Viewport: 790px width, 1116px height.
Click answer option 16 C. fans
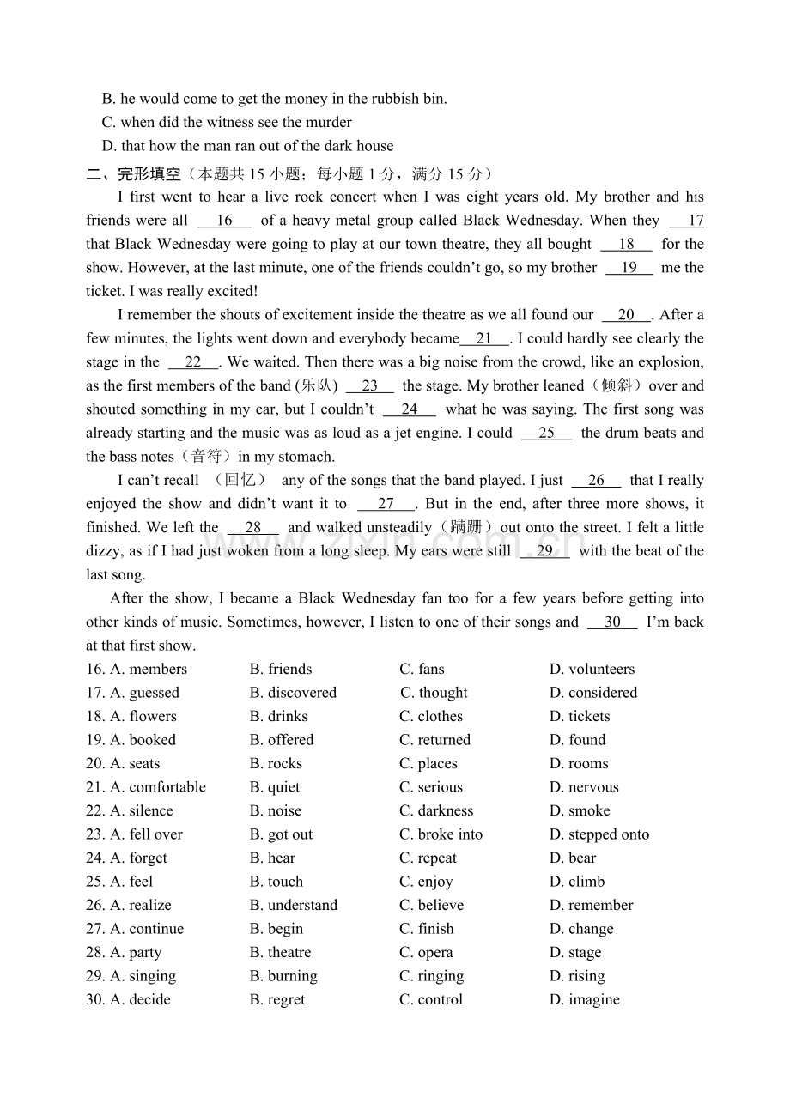coord(422,670)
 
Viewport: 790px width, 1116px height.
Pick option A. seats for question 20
coord(135,764)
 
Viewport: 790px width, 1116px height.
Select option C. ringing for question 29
coord(431,976)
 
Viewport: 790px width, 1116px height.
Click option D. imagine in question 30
coord(584,1000)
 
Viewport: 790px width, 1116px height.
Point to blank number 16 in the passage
coord(224,221)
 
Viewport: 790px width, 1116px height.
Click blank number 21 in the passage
coord(484,339)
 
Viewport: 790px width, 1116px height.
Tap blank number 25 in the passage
coord(546,434)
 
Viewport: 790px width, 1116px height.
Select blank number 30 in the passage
coord(612,622)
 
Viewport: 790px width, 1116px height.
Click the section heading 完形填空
coord(149,174)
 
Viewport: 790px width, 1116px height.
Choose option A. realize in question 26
coord(141,906)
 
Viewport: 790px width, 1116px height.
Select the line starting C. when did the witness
coord(227,123)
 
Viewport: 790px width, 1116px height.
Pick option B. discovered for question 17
coord(293,693)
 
